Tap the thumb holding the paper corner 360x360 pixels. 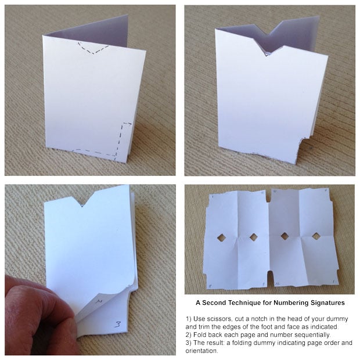pyautogui.click(x=35, y=314)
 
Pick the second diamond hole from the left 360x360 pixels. pyautogui.click(x=253, y=237)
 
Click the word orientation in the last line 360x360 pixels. pyautogui.click(x=204, y=350)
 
